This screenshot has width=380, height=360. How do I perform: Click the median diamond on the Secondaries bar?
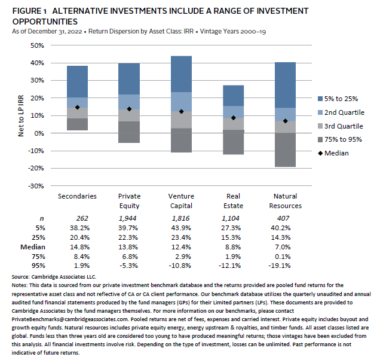point(77,108)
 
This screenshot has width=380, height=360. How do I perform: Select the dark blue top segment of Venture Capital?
point(181,74)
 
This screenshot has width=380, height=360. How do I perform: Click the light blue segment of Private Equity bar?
point(129,102)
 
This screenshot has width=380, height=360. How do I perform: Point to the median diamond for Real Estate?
point(233,118)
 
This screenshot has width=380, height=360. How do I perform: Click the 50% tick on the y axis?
point(37,45)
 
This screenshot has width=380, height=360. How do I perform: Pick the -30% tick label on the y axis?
point(36,186)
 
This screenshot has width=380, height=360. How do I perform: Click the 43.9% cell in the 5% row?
point(181,228)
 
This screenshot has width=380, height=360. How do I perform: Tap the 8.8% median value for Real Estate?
point(233,246)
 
